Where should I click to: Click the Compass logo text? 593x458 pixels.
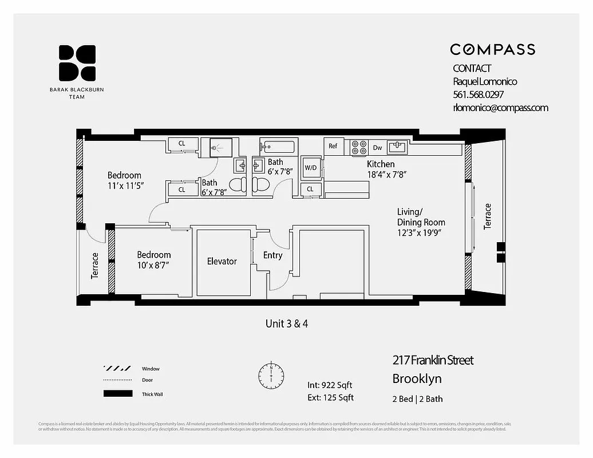point(492,49)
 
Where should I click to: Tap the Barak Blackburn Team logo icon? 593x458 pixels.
point(77,62)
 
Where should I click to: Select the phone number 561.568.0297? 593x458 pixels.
point(478,94)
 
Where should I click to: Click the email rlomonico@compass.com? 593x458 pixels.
point(500,108)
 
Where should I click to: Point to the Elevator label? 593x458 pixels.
point(222,261)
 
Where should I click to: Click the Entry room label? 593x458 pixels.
point(272,255)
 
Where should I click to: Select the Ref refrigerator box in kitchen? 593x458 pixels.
point(333,147)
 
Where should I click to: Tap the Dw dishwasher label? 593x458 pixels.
point(377,148)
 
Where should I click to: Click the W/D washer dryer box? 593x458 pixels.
point(311,168)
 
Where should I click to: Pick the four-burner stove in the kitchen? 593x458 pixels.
point(358,148)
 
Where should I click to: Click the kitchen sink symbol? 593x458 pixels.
point(398,147)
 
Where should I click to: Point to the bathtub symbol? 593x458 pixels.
point(277,147)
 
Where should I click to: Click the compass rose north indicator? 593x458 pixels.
point(271,374)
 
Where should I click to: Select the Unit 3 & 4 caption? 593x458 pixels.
point(287,323)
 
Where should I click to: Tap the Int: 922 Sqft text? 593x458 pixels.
point(330,385)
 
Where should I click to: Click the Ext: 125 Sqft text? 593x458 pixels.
point(330,397)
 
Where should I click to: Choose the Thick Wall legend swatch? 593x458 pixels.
point(117,394)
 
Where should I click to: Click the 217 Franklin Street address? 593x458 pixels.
point(433,360)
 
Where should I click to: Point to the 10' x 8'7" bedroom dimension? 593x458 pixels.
point(153,265)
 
